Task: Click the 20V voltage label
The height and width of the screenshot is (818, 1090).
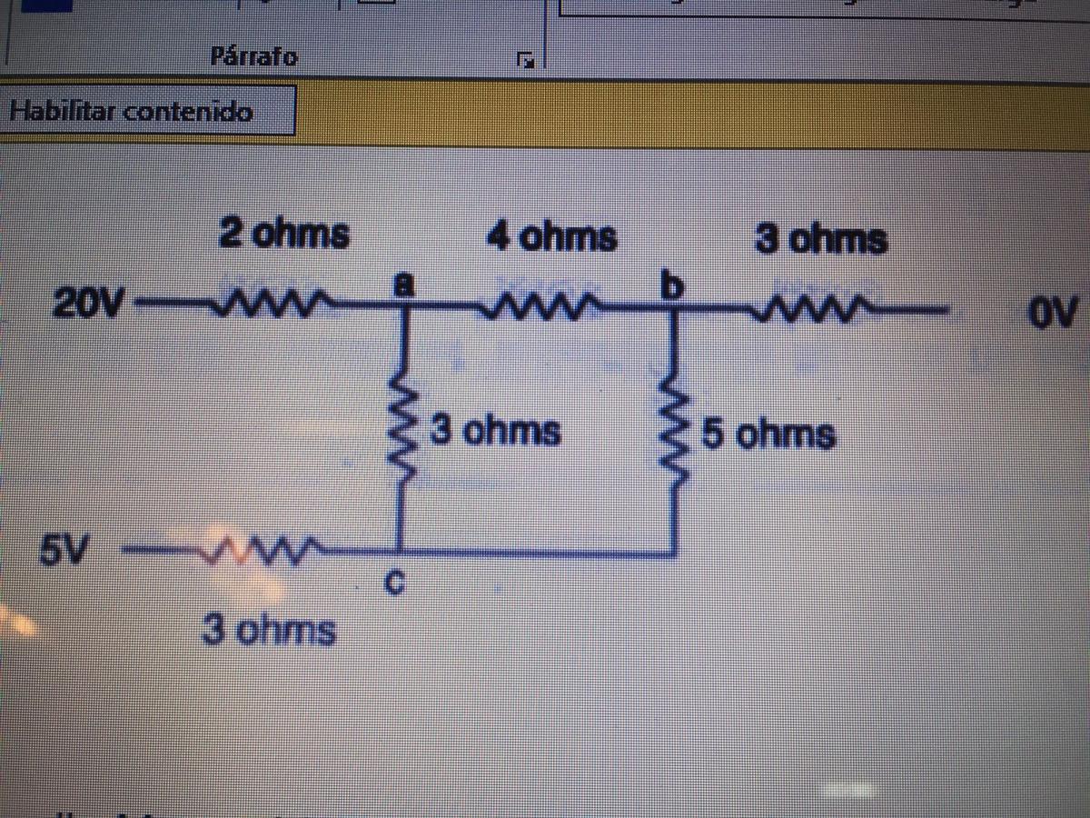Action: tap(90, 303)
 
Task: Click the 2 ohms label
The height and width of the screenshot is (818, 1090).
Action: tap(283, 234)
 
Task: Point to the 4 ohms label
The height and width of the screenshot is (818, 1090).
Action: tap(551, 237)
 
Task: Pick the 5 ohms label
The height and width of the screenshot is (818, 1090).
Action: tap(768, 435)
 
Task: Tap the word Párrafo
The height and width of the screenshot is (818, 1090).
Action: tap(254, 57)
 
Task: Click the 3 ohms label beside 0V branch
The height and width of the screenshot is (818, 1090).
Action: tap(820, 241)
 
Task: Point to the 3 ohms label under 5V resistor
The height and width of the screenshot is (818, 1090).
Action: tap(268, 630)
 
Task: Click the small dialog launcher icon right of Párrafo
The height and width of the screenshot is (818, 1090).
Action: tap(526, 62)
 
